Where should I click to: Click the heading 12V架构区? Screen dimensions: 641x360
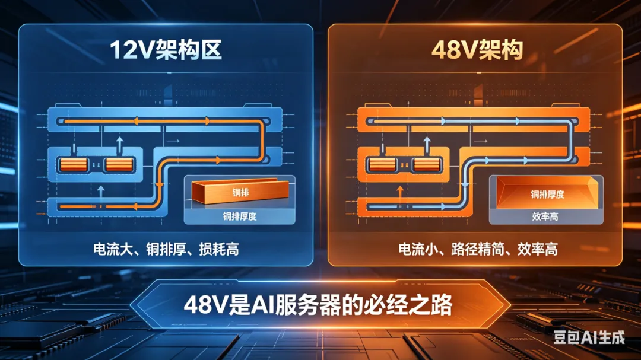[x=166, y=51]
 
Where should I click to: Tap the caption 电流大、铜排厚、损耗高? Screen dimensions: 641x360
[x=166, y=249]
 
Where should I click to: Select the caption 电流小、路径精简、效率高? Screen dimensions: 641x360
[x=478, y=249]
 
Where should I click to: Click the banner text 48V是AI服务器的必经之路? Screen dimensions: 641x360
[x=319, y=305]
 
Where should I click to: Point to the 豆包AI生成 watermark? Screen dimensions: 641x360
[x=589, y=338]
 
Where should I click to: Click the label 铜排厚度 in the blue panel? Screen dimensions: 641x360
[x=239, y=216]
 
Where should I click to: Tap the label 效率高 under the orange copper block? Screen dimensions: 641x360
[x=545, y=216]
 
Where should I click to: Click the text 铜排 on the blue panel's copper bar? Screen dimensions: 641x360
[x=239, y=192]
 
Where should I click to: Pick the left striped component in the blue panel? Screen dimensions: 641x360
[x=71, y=164]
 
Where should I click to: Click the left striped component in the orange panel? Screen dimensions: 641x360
[x=380, y=164]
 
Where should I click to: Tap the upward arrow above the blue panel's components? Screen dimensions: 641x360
[x=119, y=144]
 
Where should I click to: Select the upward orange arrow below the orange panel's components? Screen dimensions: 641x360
[x=400, y=192]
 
